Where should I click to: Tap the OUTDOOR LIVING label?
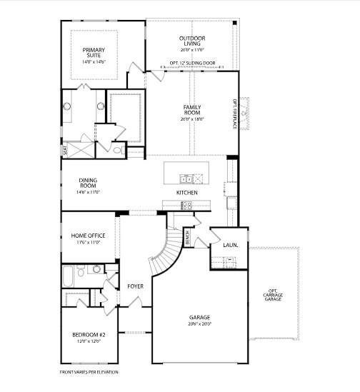[191, 40]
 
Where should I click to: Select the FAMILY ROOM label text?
[192, 109]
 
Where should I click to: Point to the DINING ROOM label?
[88, 184]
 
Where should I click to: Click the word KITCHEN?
[187, 193]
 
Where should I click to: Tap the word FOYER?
[136, 286]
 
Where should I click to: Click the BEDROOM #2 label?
[89, 335]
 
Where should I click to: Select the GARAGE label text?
[199, 317]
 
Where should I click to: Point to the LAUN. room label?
[230, 245]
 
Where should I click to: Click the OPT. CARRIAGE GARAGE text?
[274, 295]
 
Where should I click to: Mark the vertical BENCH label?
[187, 238]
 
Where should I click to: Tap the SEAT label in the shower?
[65, 151]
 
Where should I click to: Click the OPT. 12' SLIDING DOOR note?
[192, 63]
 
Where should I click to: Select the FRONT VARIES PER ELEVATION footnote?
[89, 372]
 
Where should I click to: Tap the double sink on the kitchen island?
[186, 179]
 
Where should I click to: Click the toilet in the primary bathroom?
[118, 151]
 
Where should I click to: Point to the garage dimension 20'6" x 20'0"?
[199, 323]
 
